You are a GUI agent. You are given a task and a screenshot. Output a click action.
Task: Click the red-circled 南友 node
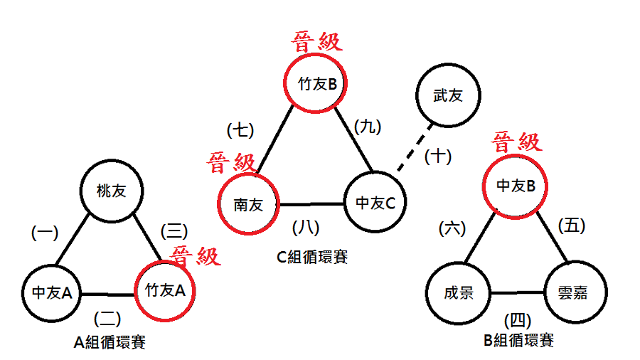[248, 205]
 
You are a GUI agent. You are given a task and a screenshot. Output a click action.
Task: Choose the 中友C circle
[375, 203]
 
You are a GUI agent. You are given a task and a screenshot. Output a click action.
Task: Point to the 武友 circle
[447, 95]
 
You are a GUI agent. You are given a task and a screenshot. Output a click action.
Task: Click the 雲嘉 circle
[576, 292]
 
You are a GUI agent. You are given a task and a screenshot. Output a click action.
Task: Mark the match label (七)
[240, 130]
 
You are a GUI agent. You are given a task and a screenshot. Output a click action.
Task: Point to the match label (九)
[368, 127]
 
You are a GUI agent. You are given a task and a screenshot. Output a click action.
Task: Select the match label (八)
[306, 228]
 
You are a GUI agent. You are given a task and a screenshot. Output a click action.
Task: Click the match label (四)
[517, 318]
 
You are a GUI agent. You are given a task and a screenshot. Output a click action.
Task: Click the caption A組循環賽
[110, 342]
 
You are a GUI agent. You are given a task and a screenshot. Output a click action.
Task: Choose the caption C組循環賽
[312, 256]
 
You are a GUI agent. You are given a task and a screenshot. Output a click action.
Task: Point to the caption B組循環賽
[518, 340]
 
